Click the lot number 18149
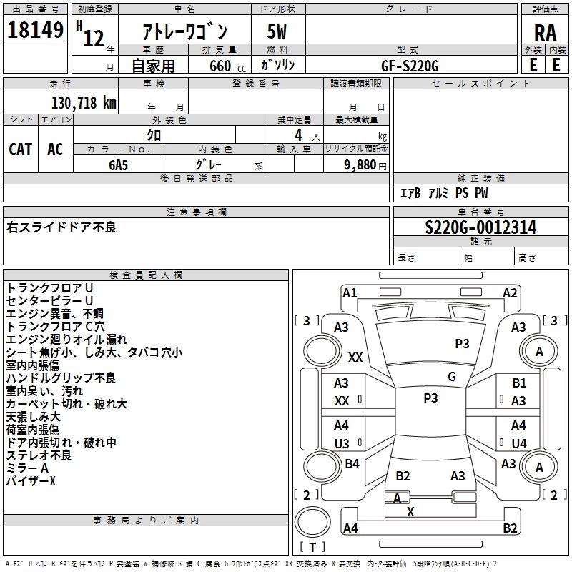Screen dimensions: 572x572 (x=36, y=30)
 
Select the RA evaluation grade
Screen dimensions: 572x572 (x=545, y=31)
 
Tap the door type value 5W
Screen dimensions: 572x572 (x=277, y=31)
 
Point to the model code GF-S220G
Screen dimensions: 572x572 (x=410, y=65)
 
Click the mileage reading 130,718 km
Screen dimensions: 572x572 (x=84, y=102)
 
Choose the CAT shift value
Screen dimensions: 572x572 (x=20, y=149)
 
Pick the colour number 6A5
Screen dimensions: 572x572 (x=118, y=164)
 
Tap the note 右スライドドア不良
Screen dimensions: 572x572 (x=61, y=227)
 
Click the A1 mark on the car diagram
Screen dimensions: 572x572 (x=350, y=292)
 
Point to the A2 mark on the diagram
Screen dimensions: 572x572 (x=510, y=292)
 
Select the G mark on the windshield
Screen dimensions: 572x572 (x=452, y=377)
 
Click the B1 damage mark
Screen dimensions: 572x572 (x=519, y=384)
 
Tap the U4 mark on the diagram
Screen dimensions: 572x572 (x=519, y=443)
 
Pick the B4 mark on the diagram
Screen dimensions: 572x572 (x=352, y=464)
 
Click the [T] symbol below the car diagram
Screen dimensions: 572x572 (x=312, y=547)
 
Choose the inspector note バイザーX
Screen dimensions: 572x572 (x=31, y=481)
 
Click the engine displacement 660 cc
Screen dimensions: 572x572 (x=220, y=66)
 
